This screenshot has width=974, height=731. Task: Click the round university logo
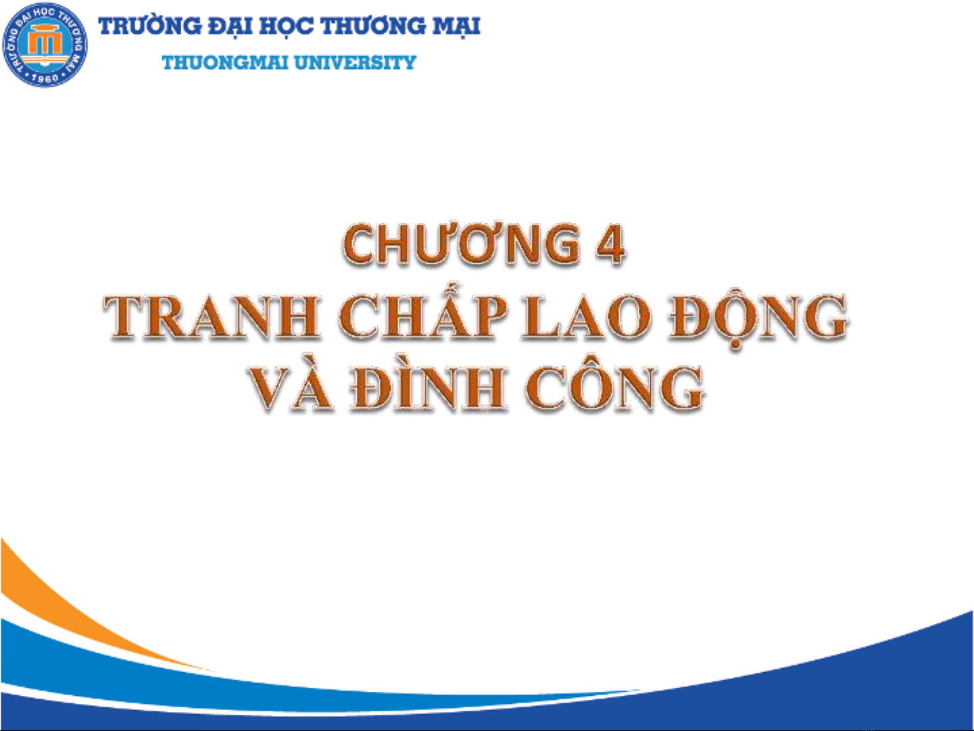tap(45, 45)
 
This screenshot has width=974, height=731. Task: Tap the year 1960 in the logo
tap(46, 78)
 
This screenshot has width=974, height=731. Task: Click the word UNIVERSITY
tap(356, 63)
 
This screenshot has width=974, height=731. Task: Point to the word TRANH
tap(212, 317)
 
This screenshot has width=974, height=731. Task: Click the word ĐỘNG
tap(758, 321)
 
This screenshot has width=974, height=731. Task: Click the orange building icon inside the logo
tap(45, 43)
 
